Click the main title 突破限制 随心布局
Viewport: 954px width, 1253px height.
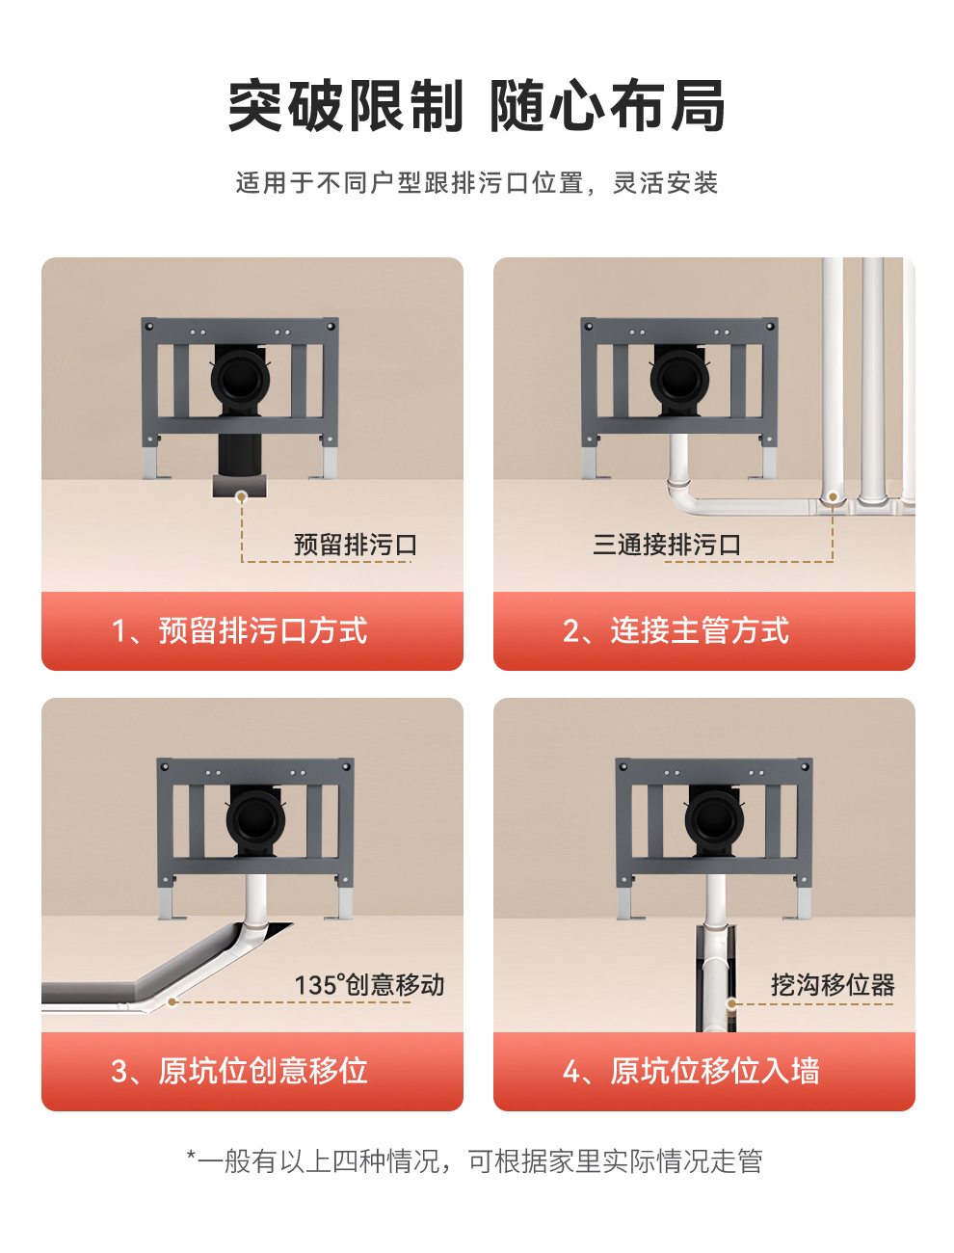pyautogui.click(x=477, y=106)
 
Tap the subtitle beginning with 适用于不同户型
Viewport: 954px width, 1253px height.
pyautogui.click(x=477, y=183)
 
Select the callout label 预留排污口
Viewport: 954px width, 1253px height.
pyautogui.click(x=355, y=545)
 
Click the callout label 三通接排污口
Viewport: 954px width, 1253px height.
pyautogui.click(x=667, y=545)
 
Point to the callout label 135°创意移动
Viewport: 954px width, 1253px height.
pyautogui.click(x=369, y=985)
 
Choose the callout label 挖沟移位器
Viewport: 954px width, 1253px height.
pyautogui.click(x=833, y=985)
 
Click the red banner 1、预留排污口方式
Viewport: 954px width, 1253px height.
pyautogui.click(x=252, y=631)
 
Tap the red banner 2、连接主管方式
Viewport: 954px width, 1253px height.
pyautogui.click(x=703, y=631)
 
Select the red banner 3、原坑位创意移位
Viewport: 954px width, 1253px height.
pyautogui.click(x=252, y=1071)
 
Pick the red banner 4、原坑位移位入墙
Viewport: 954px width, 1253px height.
pyautogui.click(x=703, y=1071)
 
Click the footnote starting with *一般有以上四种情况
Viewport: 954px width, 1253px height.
pyautogui.click(x=475, y=1161)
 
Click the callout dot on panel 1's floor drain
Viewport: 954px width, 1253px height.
pyautogui.click(x=242, y=496)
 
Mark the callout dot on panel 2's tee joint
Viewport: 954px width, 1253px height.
pyautogui.click(x=833, y=497)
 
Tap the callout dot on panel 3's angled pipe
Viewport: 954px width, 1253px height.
pyautogui.click(x=172, y=1001)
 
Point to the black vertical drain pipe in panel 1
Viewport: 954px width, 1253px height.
pyautogui.click(x=239, y=453)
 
